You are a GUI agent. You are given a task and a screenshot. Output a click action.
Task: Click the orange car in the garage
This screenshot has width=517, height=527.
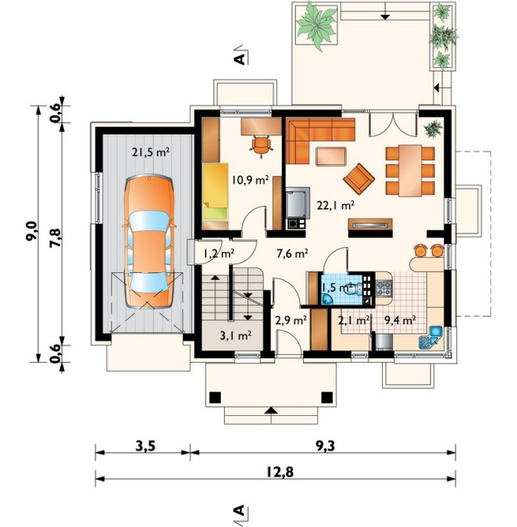click(x=149, y=241)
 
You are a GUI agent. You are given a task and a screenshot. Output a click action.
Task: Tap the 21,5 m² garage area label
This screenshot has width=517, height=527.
click(x=151, y=152)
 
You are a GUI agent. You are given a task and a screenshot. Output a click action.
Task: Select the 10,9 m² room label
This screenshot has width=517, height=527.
click(x=250, y=180)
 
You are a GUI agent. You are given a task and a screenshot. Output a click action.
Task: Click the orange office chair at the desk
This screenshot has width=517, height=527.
click(x=261, y=145)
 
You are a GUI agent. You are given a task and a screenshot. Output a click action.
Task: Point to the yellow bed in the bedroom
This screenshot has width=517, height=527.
click(x=216, y=192)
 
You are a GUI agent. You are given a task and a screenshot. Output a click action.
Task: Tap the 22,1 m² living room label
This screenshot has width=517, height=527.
click(x=336, y=205)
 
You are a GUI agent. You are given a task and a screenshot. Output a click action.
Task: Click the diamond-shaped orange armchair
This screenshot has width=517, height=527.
click(x=359, y=178)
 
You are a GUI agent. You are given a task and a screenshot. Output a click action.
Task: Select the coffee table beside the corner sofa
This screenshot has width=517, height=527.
click(x=331, y=156)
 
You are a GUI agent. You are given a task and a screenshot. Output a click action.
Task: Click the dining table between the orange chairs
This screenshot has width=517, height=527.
click(x=410, y=170)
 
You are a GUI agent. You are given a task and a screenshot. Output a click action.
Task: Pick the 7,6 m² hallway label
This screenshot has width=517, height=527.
click(x=292, y=254)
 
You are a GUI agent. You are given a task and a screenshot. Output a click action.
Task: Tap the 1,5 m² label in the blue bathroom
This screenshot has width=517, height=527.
click(x=337, y=288)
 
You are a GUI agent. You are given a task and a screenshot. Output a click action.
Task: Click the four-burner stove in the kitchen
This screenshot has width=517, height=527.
click(x=383, y=289)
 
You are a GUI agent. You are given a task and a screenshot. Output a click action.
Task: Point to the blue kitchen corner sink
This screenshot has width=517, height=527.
click(x=431, y=337)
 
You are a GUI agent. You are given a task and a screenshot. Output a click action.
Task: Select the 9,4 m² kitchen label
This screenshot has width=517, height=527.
click(x=400, y=321)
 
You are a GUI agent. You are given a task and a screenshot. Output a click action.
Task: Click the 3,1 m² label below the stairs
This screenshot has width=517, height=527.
click(x=236, y=335)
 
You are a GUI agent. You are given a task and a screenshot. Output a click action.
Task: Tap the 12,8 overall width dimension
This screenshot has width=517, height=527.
click(x=280, y=472)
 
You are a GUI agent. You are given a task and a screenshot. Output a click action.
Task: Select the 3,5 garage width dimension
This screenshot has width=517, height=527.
click(x=145, y=446)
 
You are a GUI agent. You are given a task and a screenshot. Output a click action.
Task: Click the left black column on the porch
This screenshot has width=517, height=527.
click(x=216, y=398)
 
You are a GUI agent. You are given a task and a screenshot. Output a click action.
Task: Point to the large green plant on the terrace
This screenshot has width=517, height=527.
click(x=316, y=25)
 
